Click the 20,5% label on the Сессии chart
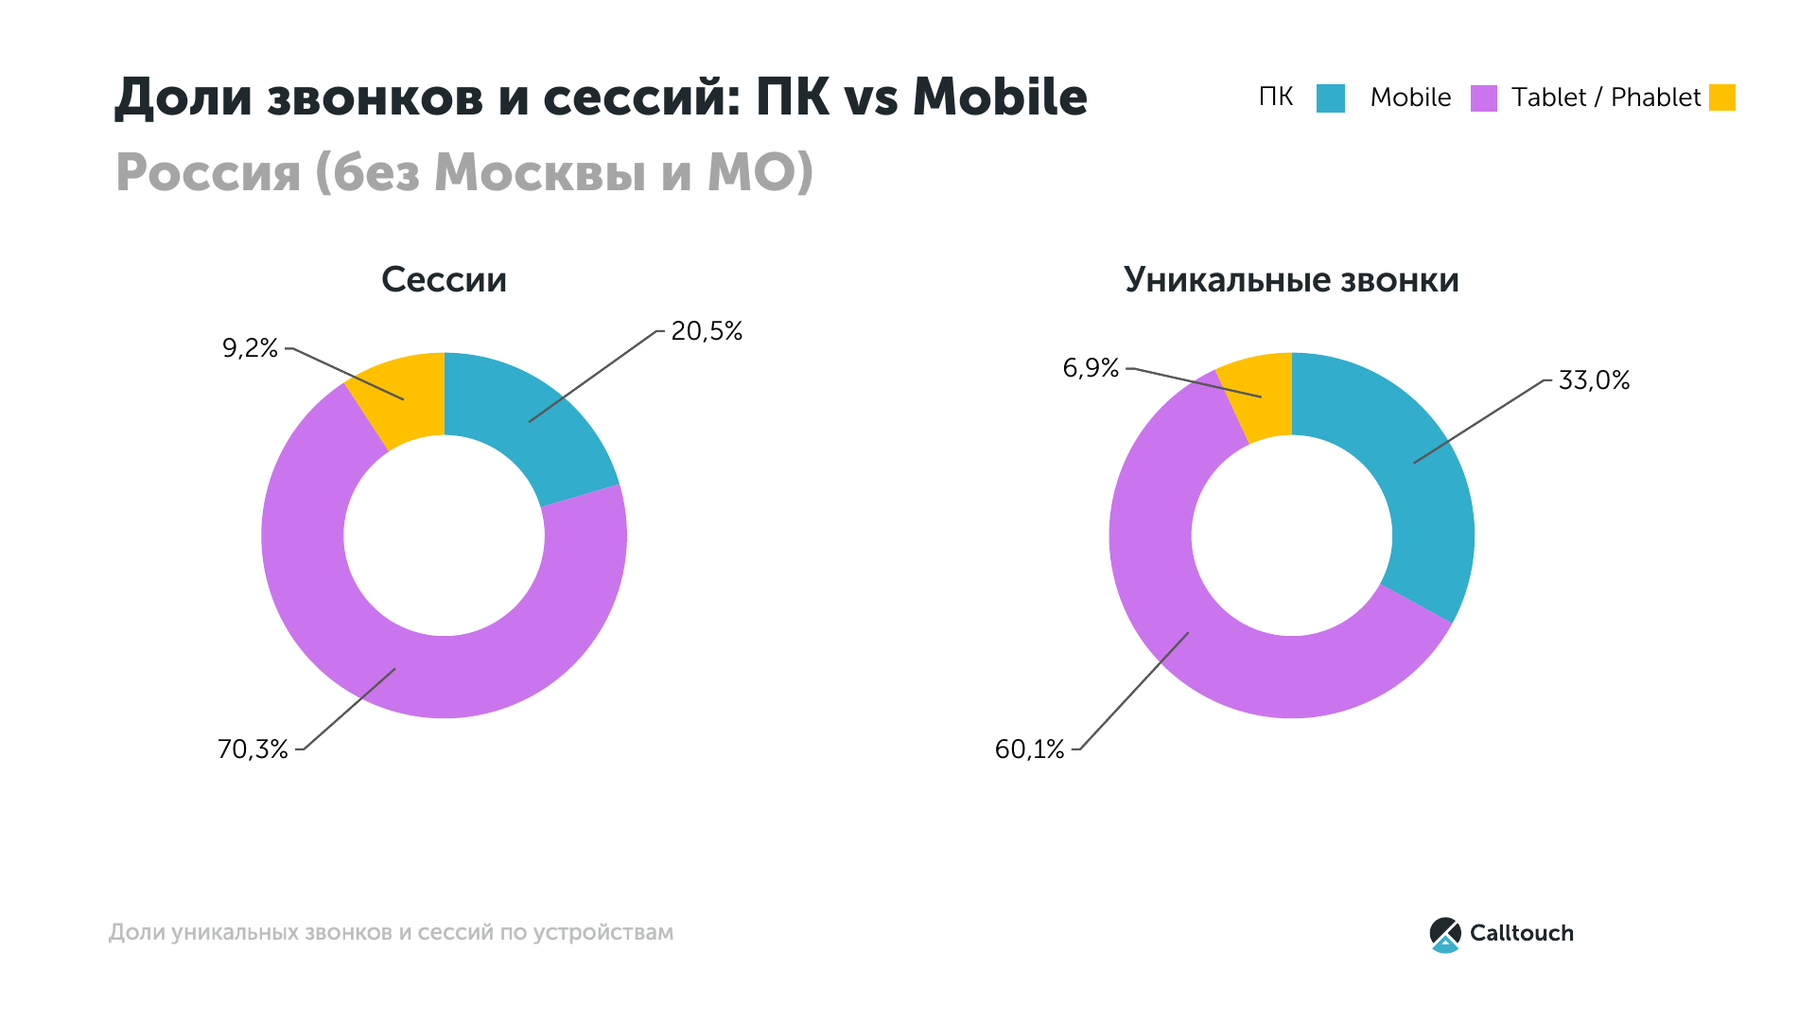coord(707,331)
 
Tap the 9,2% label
coord(250,348)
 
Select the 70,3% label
coord(253,749)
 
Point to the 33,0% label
coord(1594,380)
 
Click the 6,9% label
coord(1091,368)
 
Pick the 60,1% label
coord(1029,749)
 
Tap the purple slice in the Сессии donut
coord(378,643)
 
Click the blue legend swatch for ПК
coord(1330,98)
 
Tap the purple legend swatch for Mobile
coord(1484,98)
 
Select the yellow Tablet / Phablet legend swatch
coord(1722,98)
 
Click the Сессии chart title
coord(444,280)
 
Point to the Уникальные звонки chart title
coord(1291,280)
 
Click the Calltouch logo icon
coord(1445,934)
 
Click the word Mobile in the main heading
coord(1000,97)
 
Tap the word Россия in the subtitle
coord(208,172)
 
